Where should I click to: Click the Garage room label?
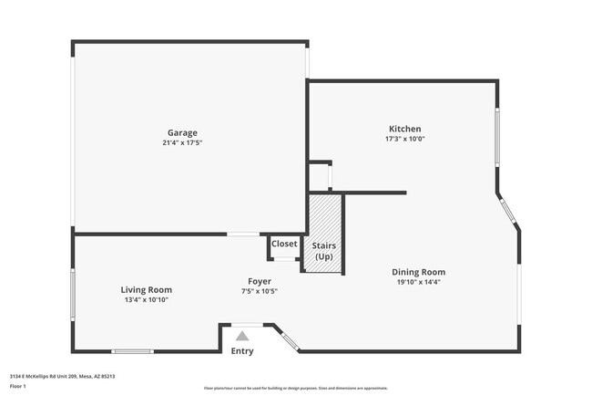[x=181, y=132]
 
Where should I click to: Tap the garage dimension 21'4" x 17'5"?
[x=181, y=142]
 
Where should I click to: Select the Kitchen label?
[x=404, y=129]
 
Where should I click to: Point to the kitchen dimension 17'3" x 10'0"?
[x=404, y=139]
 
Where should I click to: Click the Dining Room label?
[x=418, y=272]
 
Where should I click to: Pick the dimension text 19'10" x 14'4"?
[x=418, y=282]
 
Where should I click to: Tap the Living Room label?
[x=146, y=289]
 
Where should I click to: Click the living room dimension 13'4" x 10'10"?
[x=146, y=299]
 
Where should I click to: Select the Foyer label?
[x=260, y=281]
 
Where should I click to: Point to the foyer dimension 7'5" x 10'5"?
[x=260, y=291]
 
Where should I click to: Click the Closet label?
[x=284, y=244]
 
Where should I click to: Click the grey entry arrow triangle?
[x=242, y=336]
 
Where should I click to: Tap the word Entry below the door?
[x=242, y=351]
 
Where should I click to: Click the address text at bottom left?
[x=62, y=376]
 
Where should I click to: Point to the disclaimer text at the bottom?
[x=296, y=388]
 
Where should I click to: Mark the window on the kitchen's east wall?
[x=496, y=137]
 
